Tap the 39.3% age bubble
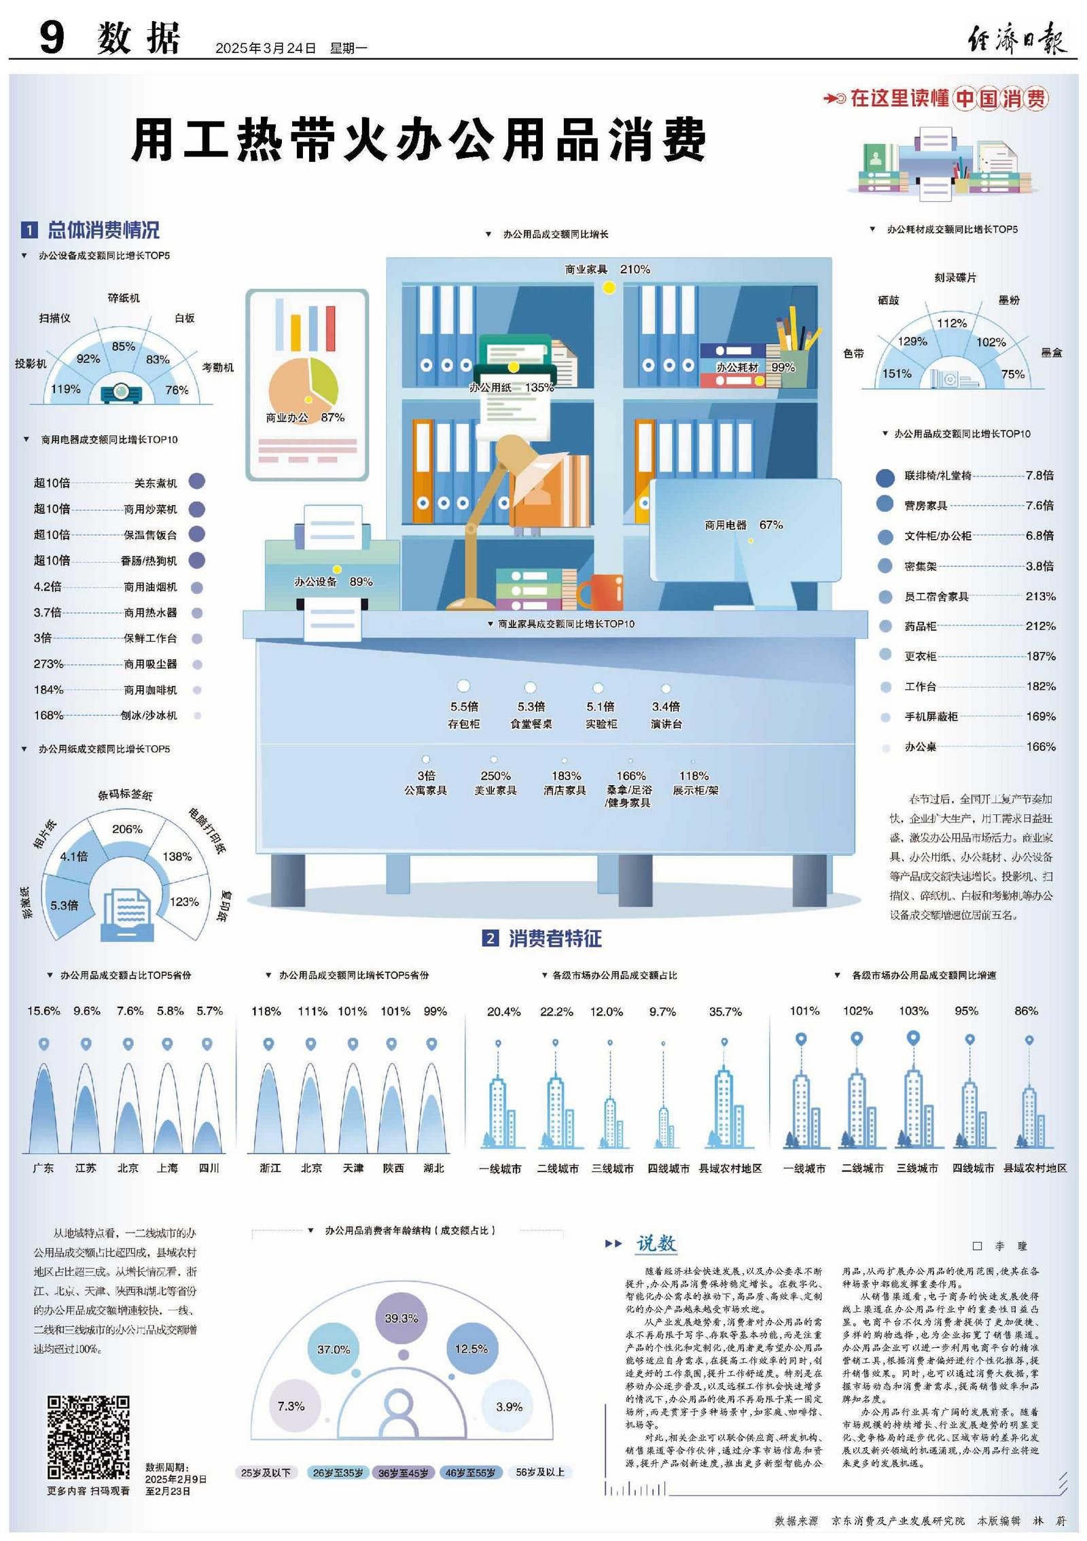(x=401, y=1318)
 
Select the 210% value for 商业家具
(x=635, y=269)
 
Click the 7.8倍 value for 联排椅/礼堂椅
(x=1039, y=475)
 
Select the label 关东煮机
(x=156, y=483)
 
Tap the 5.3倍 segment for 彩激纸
(x=64, y=905)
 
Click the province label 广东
(x=43, y=1168)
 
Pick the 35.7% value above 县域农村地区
(x=725, y=1011)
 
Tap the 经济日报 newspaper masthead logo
(x=1017, y=37)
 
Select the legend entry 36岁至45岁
(x=403, y=1473)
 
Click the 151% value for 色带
(x=896, y=374)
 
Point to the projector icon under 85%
(x=122, y=392)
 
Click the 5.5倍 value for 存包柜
(x=464, y=706)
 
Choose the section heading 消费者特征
(x=554, y=939)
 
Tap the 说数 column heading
(x=656, y=1243)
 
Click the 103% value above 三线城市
(x=913, y=1011)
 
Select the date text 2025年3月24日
(x=266, y=48)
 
